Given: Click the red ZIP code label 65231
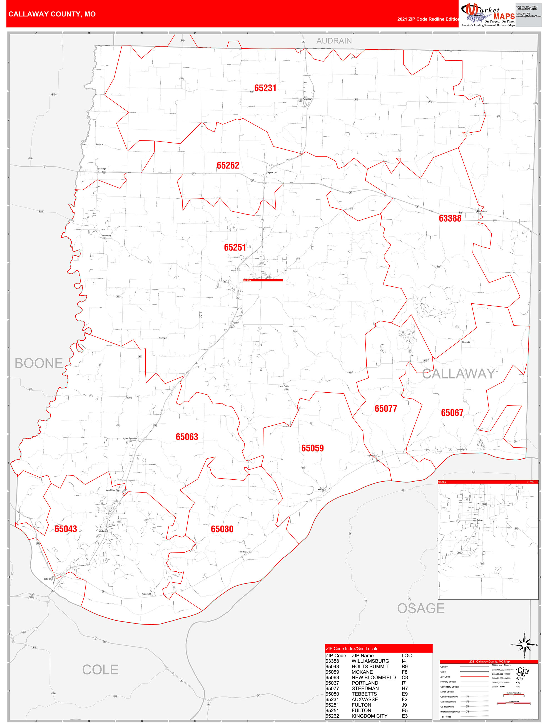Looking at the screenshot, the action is point(265,88).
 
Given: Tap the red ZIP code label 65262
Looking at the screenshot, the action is point(228,165).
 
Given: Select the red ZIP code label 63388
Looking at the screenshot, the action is point(450,218).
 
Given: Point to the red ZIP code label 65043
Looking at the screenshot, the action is point(66,529).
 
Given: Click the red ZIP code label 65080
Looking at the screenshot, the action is point(222,529).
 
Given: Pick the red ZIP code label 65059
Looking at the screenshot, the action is point(312,448).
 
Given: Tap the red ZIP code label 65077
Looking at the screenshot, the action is point(385,408).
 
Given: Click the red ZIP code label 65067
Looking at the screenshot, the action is point(452,413).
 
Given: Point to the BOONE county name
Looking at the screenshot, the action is point(39,363).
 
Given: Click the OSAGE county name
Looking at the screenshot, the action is point(421,608).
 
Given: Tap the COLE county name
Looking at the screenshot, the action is point(100,670).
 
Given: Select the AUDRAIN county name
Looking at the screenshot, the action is point(334,41).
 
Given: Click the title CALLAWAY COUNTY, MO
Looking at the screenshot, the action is point(52,14).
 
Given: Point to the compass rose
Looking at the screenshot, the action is point(524,645).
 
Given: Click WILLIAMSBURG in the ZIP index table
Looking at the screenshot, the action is point(370,661).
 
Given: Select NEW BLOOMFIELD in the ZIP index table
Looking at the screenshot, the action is point(374,678).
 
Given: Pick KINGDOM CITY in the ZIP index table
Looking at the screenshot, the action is point(369,716).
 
